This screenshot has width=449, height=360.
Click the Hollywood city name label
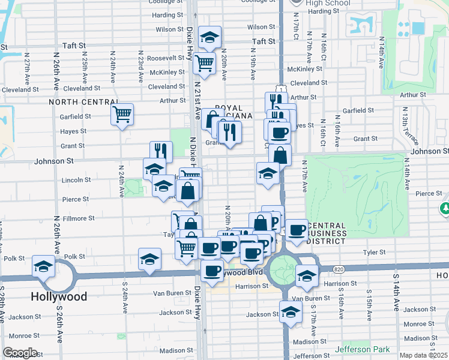(x=59, y=296)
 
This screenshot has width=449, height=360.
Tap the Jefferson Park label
(x=362, y=349)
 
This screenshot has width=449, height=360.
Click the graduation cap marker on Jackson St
(x=291, y=312)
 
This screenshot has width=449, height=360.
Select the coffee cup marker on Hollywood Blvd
(x=212, y=271)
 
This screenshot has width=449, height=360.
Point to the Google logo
(x=20, y=353)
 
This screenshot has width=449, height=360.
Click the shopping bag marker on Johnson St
(x=280, y=155)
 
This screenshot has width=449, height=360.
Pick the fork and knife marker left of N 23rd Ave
(x=161, y=151)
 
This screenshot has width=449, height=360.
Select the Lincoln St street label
(x=76, y=179)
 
